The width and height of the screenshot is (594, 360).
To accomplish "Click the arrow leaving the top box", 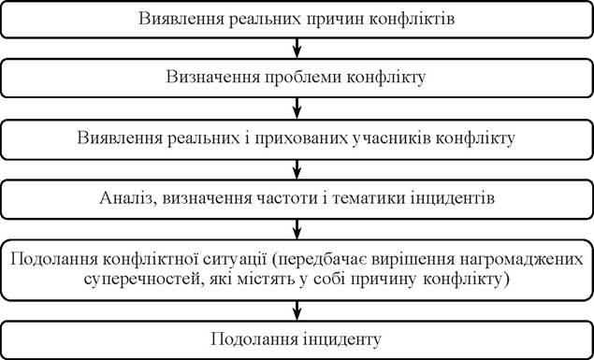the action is coord(297,48).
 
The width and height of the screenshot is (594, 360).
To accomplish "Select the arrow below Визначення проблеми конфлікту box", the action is coord(297,108).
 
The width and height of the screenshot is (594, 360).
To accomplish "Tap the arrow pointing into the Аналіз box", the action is coord(297,169).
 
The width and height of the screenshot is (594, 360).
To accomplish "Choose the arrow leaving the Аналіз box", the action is coord(297,229).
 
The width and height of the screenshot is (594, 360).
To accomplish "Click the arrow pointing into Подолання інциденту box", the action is coord(297,310).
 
